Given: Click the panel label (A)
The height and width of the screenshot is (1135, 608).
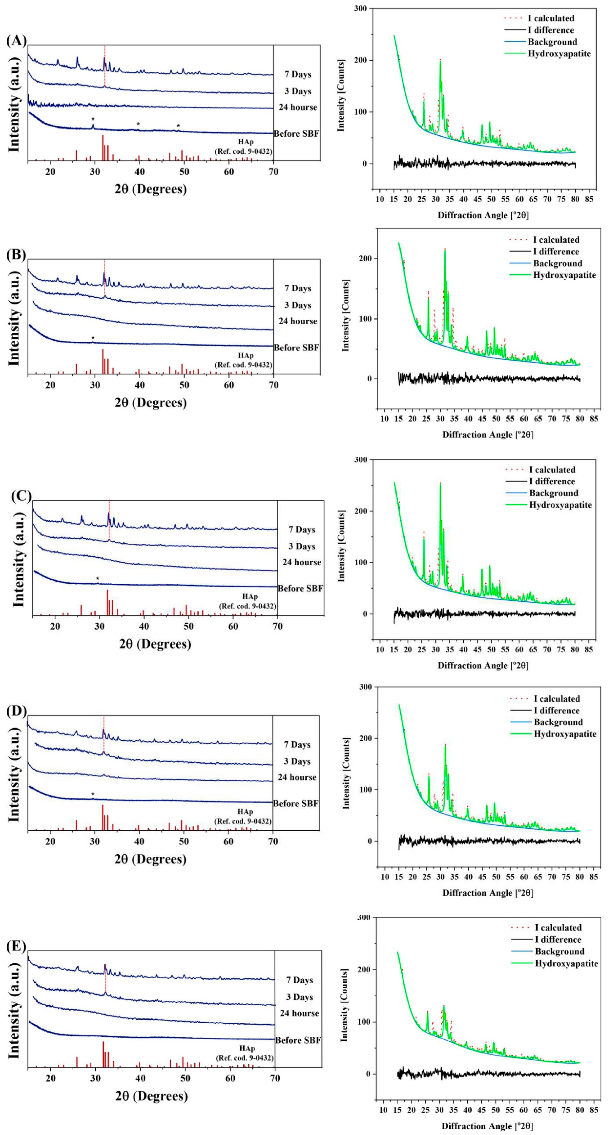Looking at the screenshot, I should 16,41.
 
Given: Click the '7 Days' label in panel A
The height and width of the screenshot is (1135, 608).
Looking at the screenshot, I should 298,74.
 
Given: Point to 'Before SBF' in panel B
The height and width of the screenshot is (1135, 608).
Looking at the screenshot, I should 296,348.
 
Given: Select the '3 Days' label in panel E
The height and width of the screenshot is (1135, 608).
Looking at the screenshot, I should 300,997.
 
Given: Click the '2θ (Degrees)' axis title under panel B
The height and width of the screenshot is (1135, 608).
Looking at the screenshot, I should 151,403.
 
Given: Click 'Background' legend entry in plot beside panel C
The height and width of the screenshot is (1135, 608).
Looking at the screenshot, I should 554,493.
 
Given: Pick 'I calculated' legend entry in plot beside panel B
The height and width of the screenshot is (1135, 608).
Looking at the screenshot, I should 556,240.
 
